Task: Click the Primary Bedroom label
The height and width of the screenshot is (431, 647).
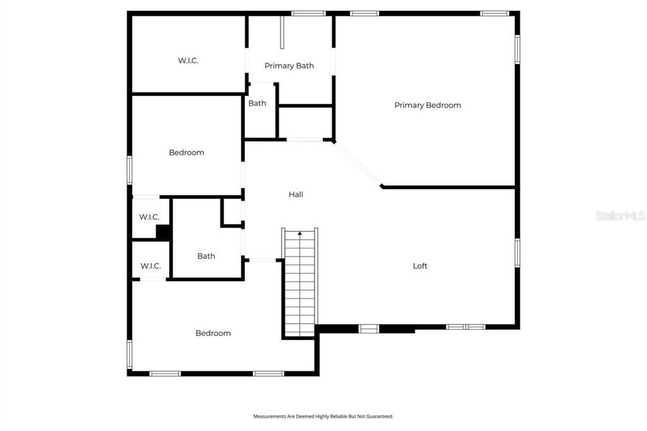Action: (427, 106)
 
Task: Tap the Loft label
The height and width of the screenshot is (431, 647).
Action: (420, 266)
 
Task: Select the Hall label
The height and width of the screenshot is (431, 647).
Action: (296, 195)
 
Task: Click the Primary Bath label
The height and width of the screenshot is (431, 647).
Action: (289, 66)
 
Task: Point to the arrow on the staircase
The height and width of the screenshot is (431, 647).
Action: (299, 234)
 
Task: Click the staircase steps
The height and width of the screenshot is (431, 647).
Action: (300, 284)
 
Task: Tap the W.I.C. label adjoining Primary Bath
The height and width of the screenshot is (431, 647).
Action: (188, 61)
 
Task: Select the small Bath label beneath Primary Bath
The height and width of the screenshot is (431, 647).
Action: (257, 104)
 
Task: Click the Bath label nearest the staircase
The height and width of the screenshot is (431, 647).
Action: (206, 256)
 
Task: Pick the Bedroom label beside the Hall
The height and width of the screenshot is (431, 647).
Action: (186, 152)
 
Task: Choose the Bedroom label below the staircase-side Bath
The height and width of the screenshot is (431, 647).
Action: (213, 333)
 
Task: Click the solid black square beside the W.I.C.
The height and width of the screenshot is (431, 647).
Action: (163, 233)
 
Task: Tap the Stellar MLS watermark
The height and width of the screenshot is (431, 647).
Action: (620, 216)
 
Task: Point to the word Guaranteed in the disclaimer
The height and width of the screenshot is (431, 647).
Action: (380, 416)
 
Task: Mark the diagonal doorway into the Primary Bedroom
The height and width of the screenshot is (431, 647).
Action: (358, 164)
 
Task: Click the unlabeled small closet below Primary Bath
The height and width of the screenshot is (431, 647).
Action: (305, 121)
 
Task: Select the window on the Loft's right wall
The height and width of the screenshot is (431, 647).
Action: (517, 252)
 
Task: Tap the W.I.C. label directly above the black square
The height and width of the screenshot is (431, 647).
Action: (149, 217)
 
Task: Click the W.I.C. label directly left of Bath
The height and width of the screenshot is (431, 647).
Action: (150, 266)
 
